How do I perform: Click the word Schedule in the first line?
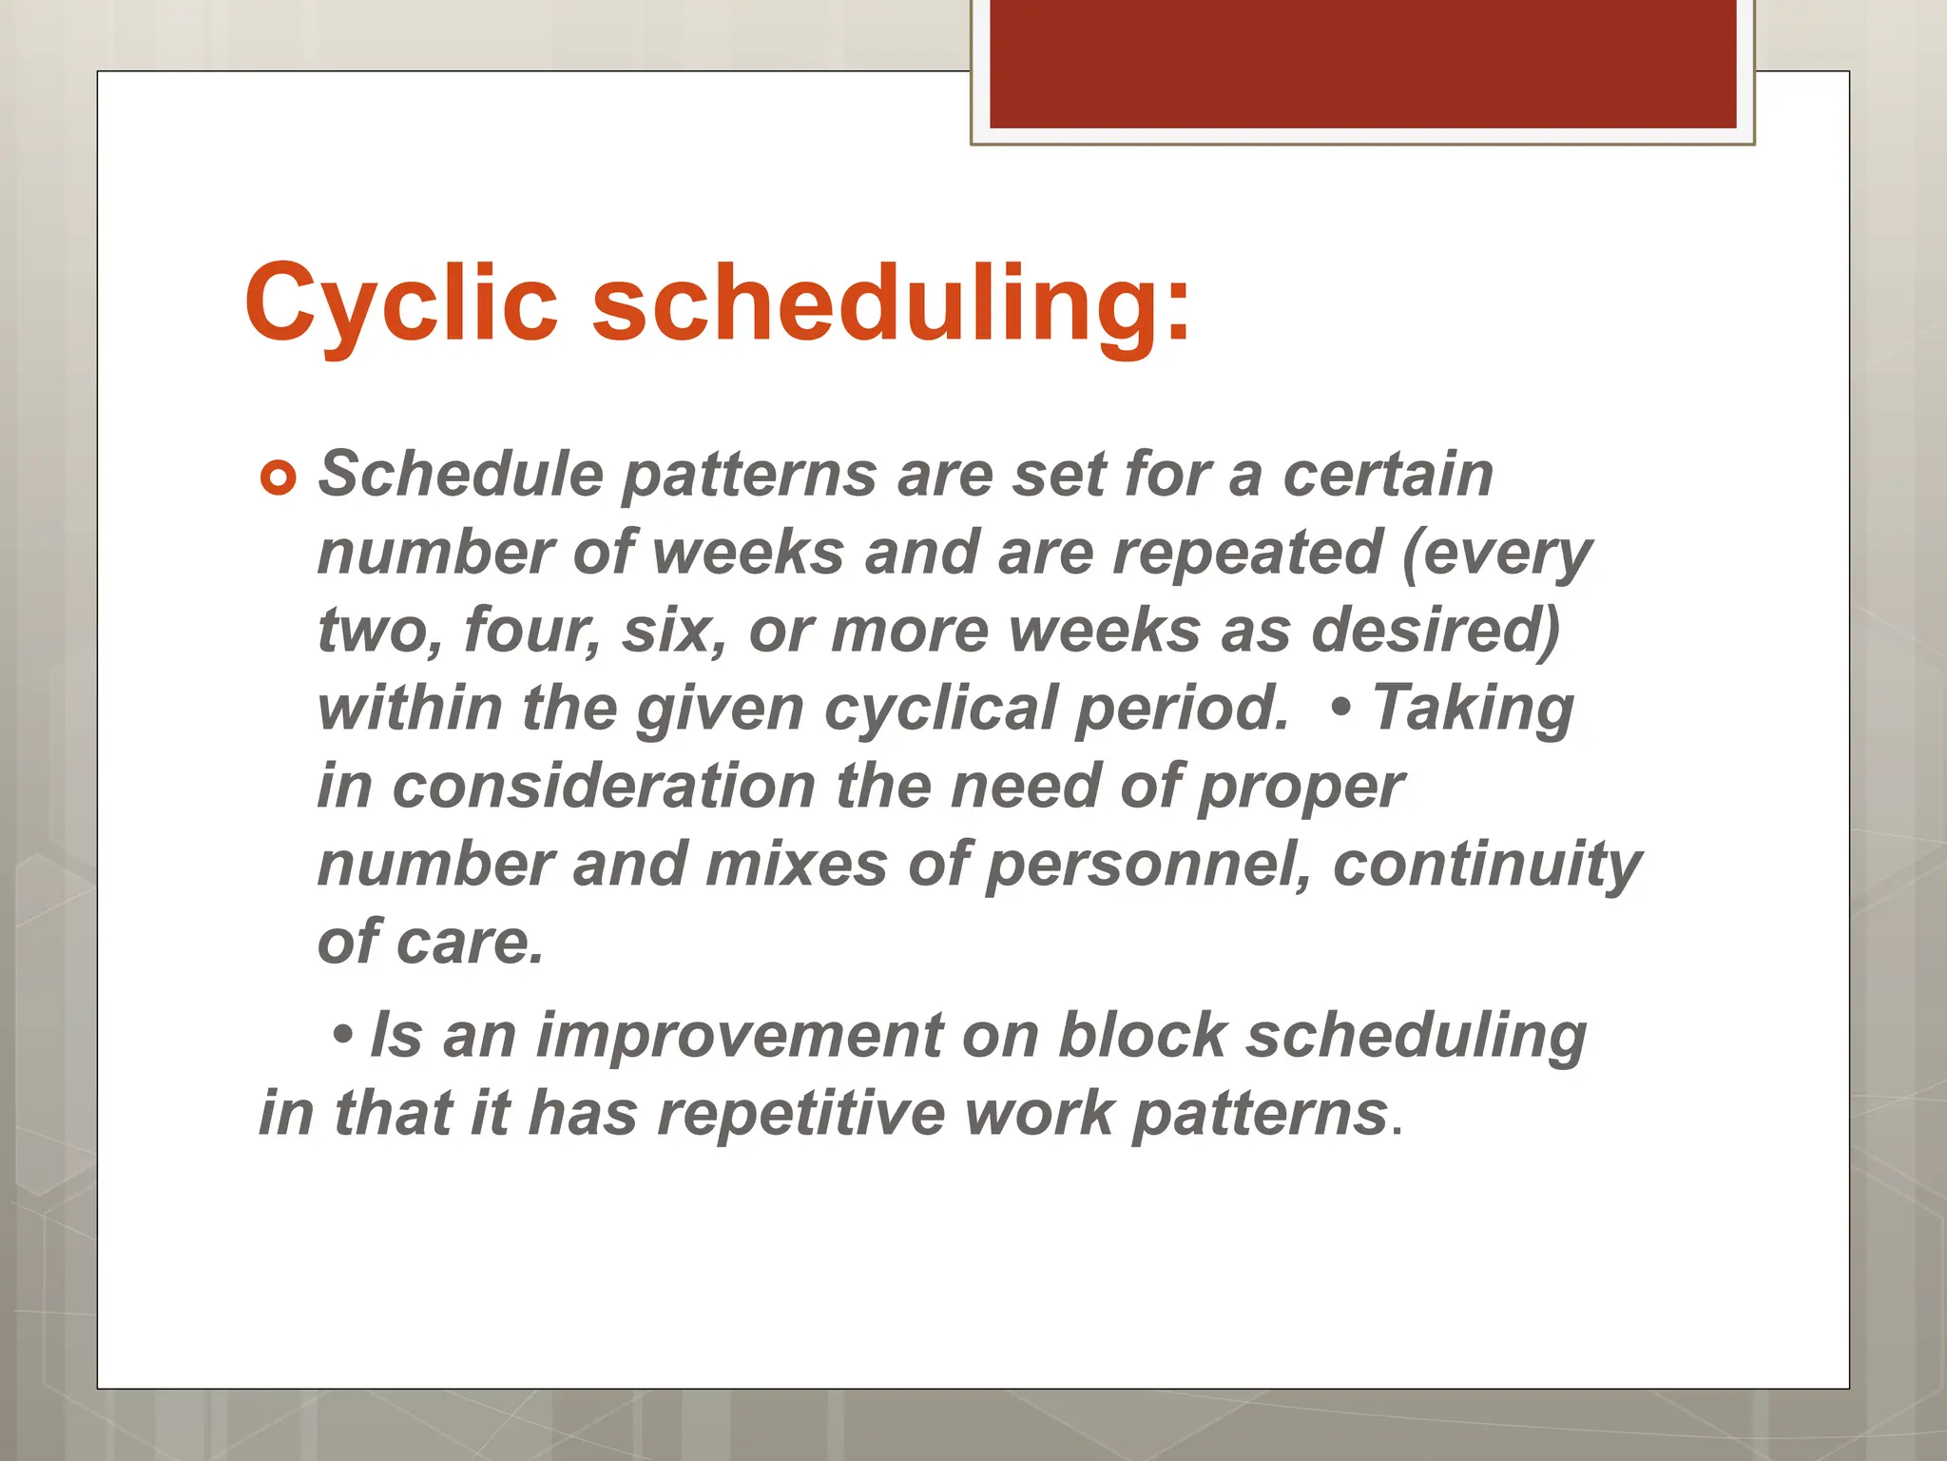click(460, 474)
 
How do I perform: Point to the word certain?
click(1387, 474)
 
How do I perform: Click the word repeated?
click(1246, 552)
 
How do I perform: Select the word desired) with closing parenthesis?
click(1436, 630)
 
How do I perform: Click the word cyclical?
click(940, 709)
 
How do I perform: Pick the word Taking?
click(1473, 709)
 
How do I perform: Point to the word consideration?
click(604, 787)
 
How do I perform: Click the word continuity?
click(1487, 865)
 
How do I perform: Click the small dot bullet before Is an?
click(343, 1033)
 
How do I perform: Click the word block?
click(1142, 1035)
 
